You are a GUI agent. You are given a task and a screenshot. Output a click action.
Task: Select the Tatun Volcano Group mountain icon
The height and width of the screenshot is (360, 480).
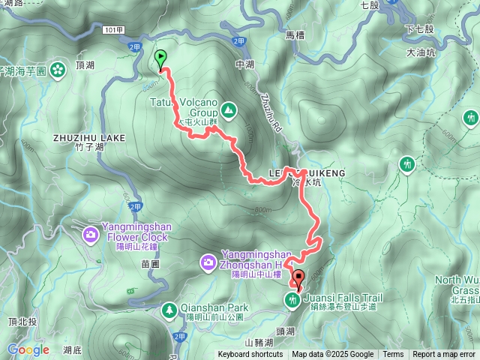(x=229, y=111)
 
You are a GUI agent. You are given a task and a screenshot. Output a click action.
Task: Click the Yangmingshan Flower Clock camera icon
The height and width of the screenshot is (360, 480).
(x=91, y=235)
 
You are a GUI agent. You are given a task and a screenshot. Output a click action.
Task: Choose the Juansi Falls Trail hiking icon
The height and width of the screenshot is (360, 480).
(x=292, y=301)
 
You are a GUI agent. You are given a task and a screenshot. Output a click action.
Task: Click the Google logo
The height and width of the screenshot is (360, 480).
(x=28, y=349)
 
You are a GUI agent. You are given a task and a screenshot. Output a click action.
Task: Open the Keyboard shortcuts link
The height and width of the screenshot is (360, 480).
(x=250, y=355)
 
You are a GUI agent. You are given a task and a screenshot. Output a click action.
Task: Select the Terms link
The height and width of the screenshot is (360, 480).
(x=393, y=355)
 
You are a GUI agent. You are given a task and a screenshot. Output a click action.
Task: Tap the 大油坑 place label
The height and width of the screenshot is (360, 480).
(x=421, y=53)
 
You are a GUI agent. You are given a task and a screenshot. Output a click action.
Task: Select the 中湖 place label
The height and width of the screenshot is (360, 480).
(x=245, y=65)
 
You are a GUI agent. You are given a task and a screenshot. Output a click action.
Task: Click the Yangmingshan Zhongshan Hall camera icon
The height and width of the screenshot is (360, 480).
(x=208, y=262)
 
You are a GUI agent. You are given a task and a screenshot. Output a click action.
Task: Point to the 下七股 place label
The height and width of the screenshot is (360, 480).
(x=419, y=28)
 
